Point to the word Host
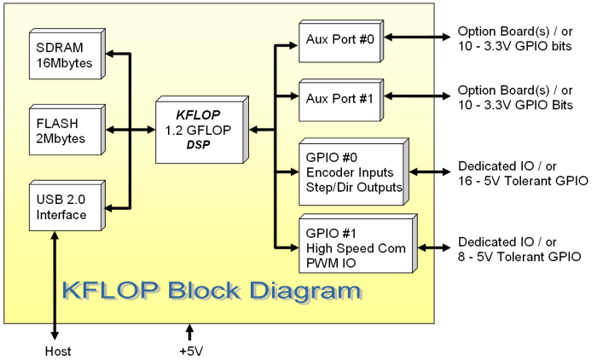(x=57, y=351)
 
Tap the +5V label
(x=190, y=351)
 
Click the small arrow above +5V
(x=190, y=332)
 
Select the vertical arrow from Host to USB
(x=57, y=286)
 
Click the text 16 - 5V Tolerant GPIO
(x=522, y=180)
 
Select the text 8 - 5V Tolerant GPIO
(x=519, y=256)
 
